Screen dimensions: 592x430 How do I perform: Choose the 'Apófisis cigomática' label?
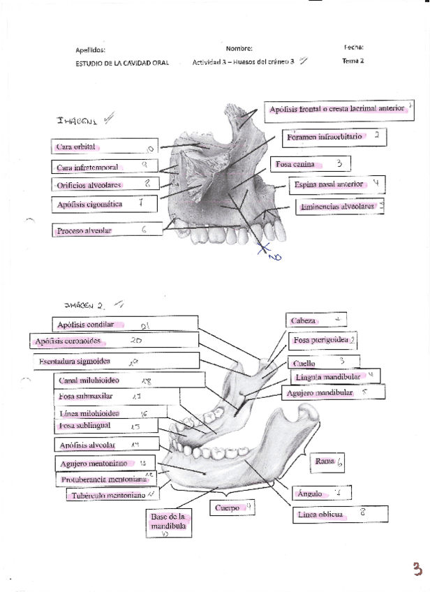click(105, 204)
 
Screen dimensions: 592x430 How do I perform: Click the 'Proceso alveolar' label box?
click(105, 230)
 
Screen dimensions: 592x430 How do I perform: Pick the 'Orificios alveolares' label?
click(105, 184)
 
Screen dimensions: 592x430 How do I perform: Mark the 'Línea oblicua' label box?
click(340, 514)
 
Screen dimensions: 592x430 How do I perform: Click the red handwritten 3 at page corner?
click(417, 569)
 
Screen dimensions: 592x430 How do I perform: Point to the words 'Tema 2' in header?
click(353, 61)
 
